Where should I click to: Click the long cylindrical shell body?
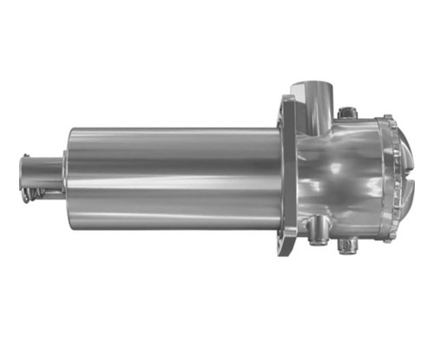[174, 178]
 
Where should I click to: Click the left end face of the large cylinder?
[69, 178]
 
